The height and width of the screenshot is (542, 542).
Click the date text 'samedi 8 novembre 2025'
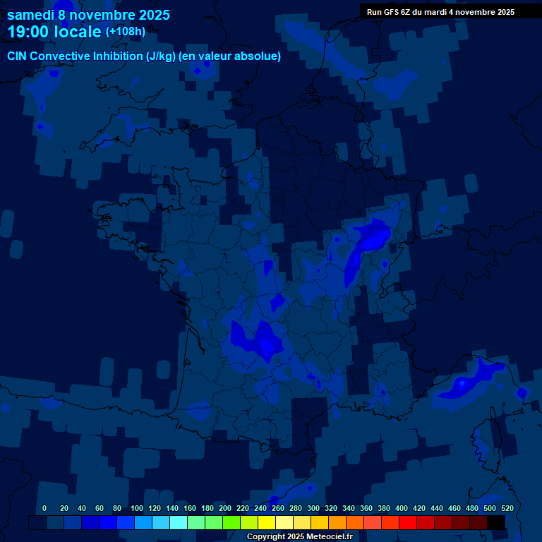[88, 15]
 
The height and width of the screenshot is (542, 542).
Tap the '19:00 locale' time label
[54, 32]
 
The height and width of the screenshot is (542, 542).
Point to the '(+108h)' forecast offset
[126, 32]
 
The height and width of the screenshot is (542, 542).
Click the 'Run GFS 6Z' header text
[388, 12]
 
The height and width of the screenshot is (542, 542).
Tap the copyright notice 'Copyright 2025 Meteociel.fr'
[299, 537]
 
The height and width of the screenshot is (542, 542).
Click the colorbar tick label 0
[44, 508]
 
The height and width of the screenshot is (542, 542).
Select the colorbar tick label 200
[225, 508]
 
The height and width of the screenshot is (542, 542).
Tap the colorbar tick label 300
[313, 508]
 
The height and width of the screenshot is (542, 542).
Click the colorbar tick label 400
[402, 508]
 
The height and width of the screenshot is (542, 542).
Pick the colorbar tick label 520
[507, 508]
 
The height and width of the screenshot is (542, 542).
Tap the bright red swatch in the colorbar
[408, 523]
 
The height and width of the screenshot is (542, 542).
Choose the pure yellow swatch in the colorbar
[267, 523]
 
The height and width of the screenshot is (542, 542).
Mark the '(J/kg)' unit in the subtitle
[162, 56]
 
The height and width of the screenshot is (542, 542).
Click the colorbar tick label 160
[190, 508]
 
